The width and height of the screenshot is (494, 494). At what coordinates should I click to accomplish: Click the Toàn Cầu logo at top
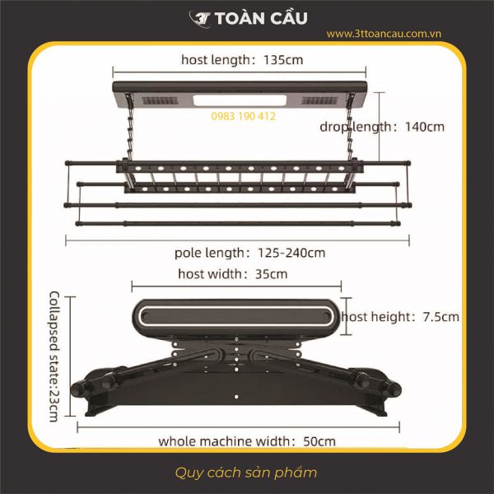(x=247, y=17)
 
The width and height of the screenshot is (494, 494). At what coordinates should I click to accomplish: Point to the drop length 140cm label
(x=382, y=127)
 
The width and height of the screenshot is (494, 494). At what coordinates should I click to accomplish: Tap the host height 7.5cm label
(x=401, y=316)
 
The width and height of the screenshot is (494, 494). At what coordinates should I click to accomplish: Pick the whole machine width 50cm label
(x=247, y=440)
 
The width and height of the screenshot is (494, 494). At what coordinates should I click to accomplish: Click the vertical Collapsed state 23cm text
(x=54, y=356)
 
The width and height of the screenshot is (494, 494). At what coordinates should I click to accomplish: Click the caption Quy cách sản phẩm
(x=246, y=473)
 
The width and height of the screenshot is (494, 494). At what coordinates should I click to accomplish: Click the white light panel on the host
(x=240, y=101)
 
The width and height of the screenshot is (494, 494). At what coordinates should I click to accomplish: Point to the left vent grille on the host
(x=157, y=100)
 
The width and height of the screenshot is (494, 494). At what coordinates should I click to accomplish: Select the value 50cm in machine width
(x=319, y=440)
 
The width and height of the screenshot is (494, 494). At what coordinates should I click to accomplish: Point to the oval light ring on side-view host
(x=235, y=315)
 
